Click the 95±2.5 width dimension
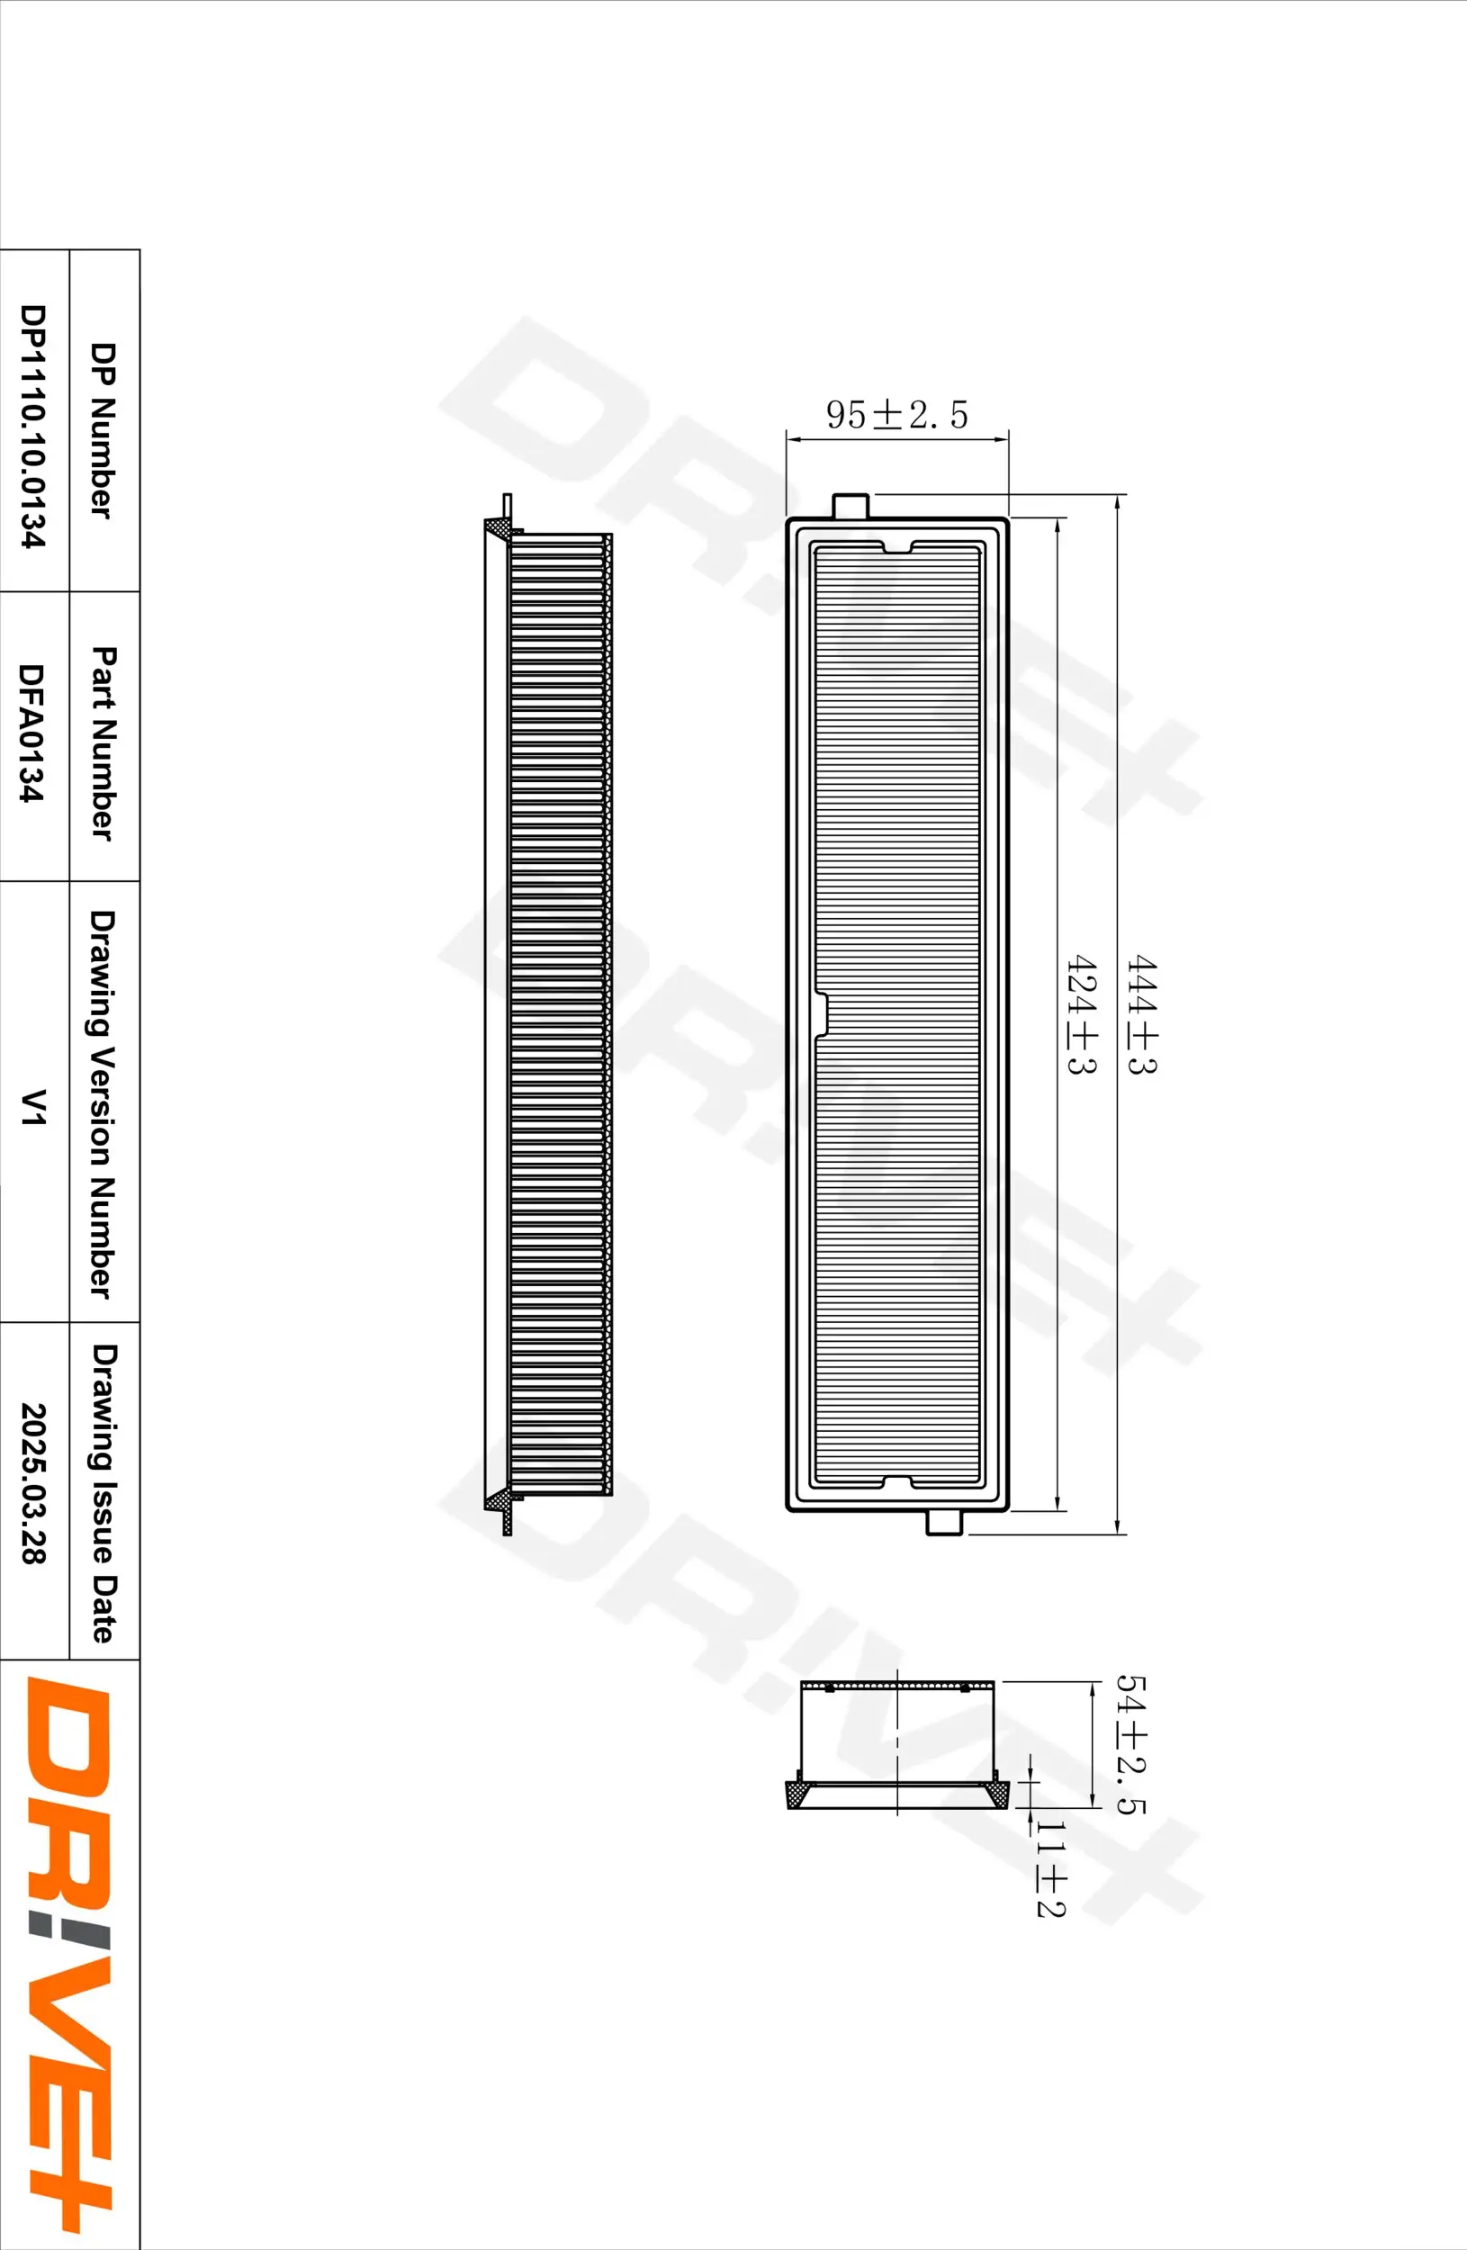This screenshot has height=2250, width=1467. click(896, 414)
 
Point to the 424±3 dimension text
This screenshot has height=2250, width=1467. click(1081, 1013)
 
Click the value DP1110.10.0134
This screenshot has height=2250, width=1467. click(33, 426)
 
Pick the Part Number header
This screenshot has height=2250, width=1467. click(104, 743)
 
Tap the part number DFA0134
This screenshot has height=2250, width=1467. click(32, 733)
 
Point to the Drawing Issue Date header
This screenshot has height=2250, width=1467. click(104, 1493)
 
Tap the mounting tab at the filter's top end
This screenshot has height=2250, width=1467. click(850, 506)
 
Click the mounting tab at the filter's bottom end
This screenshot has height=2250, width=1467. click(944, 1521)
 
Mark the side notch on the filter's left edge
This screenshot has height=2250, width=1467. click(821, 1013)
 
